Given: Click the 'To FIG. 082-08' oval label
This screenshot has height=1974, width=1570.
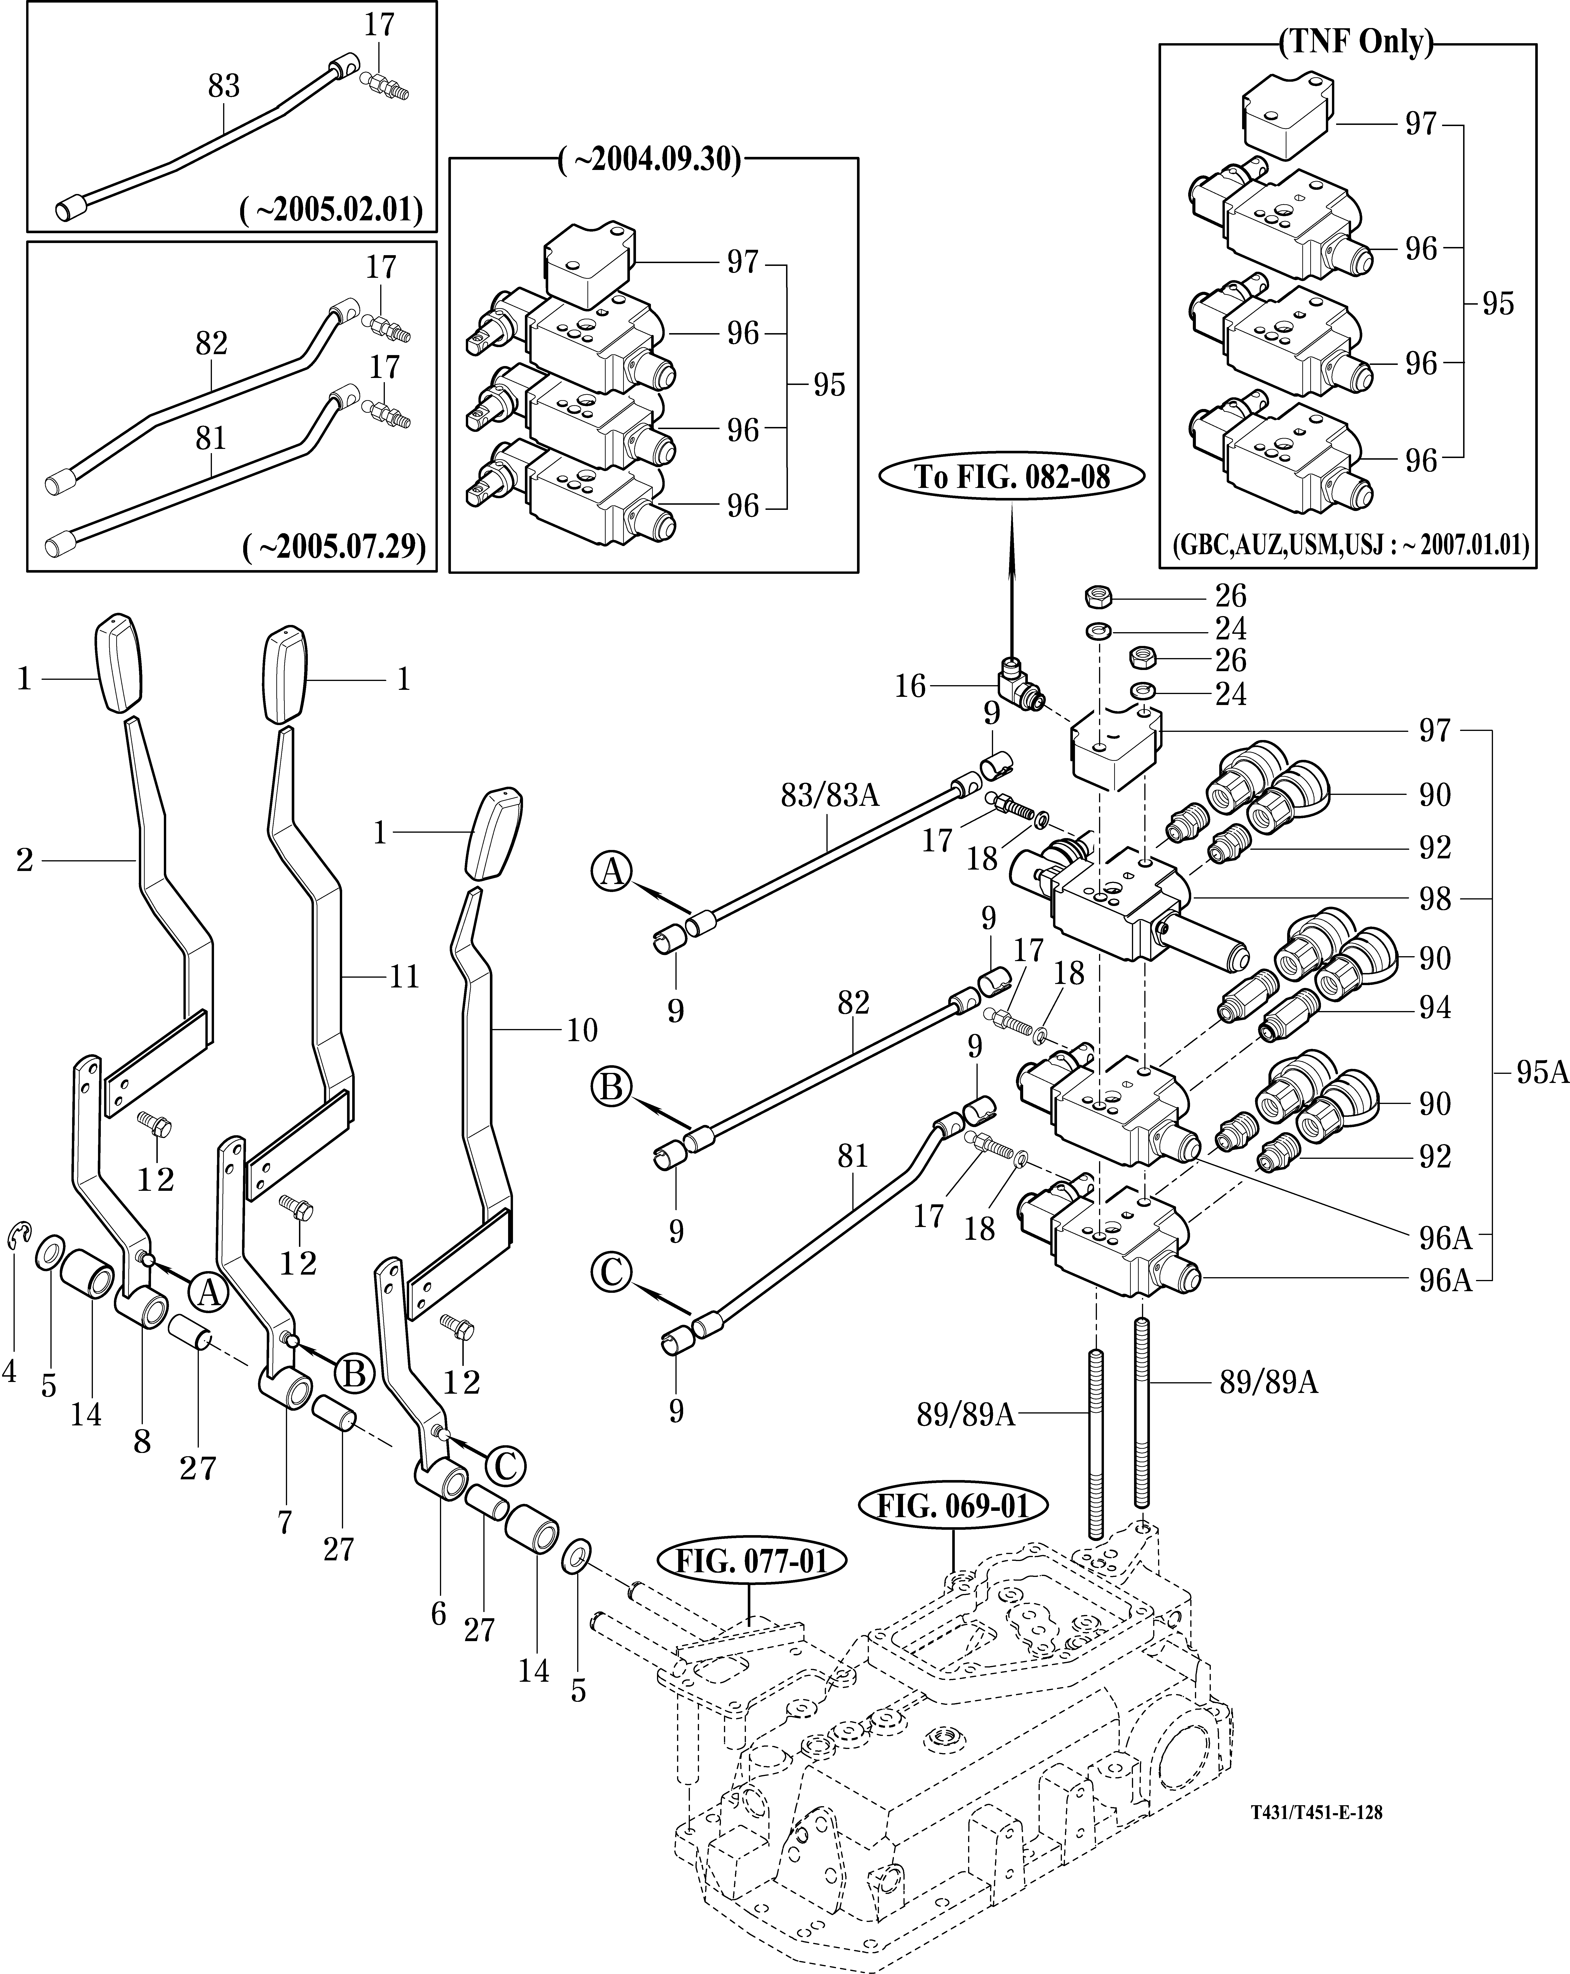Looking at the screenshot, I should point(1012,477).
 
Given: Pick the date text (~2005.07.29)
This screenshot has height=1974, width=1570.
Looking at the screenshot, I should point(333,546).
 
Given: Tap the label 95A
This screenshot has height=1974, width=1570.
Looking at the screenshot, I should point(1542,1072).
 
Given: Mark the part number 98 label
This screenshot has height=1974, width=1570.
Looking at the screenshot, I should point(1434,899).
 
